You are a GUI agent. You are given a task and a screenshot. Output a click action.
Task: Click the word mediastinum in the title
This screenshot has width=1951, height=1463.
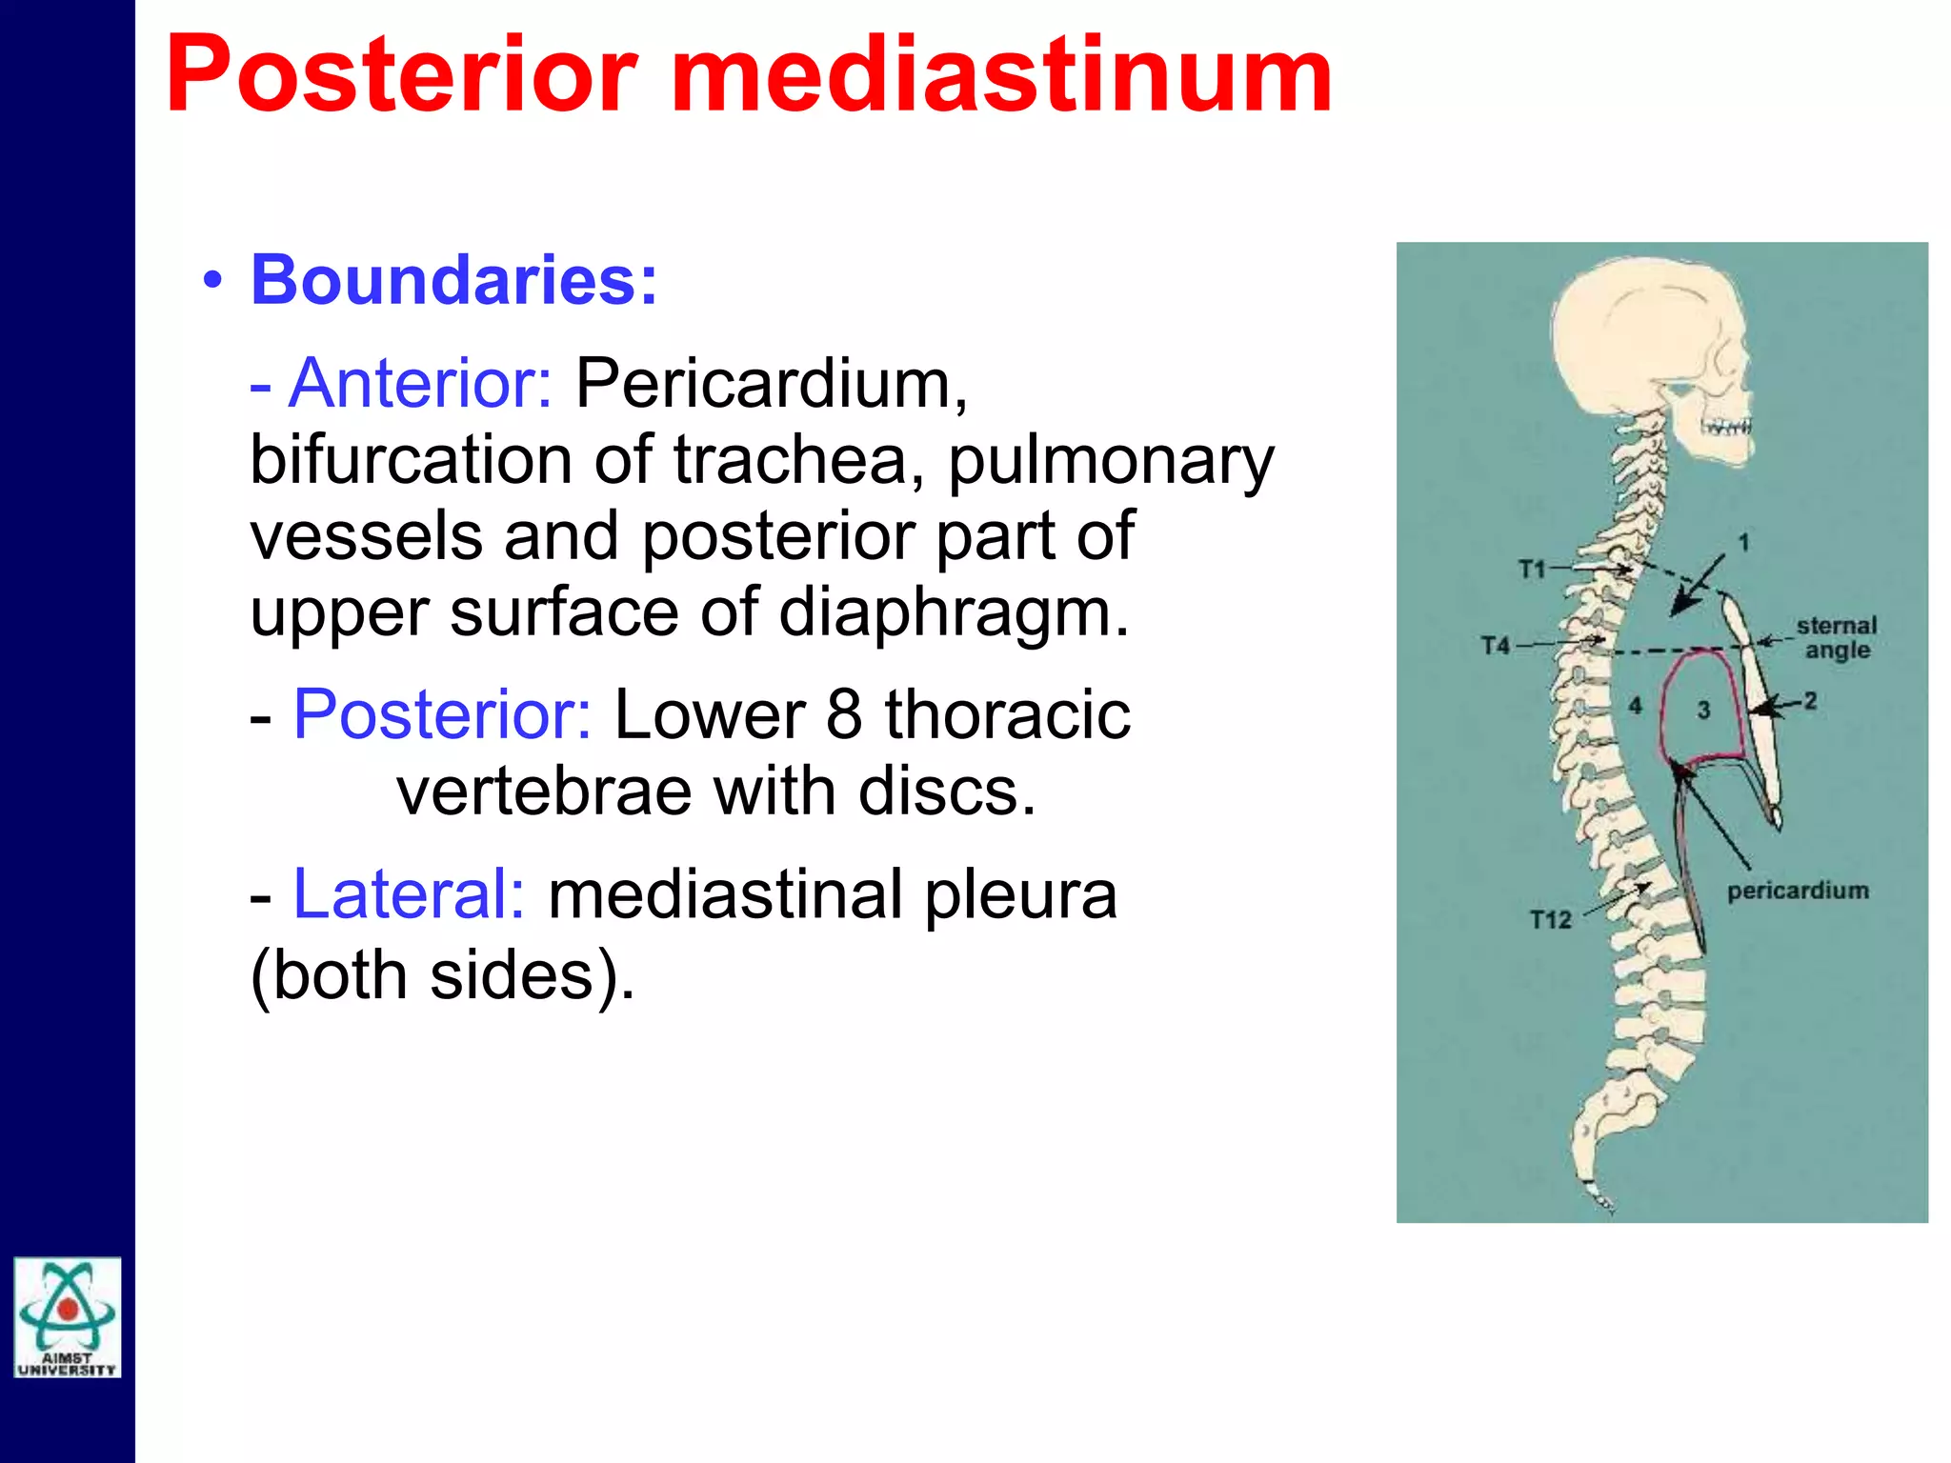[x=1000, y=76]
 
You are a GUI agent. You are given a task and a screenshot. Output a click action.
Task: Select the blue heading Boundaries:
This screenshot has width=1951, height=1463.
[x=453, y=281]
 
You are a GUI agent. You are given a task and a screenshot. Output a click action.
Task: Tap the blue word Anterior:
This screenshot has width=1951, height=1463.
[x=419, y=383]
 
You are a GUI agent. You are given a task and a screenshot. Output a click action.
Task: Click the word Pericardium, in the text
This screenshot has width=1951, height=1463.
[x=772, y=383]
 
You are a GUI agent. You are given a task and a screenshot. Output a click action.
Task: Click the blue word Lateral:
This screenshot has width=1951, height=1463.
[x=409, y=894]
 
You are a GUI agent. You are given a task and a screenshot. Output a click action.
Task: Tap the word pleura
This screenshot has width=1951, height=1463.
[x=1020, y=894]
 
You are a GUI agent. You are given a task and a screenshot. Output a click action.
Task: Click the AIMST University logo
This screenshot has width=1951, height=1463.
[x=68, y=1317]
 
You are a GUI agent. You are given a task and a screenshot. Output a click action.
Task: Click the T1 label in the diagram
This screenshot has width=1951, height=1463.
[x=1532, y=570]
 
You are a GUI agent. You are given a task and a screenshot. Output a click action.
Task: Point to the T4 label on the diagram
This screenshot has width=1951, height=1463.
[x=1496, y=646]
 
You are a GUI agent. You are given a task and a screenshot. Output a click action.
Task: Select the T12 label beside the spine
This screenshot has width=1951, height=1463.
[x=1550, y=920]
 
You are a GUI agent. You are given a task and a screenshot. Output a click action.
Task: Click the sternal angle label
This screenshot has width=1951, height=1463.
[x=1837, y=638]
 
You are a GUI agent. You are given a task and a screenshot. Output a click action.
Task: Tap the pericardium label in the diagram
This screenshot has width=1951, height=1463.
[x=1798, y=891]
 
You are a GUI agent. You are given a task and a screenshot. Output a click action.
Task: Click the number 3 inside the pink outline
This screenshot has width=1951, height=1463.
[x=1703, y=710]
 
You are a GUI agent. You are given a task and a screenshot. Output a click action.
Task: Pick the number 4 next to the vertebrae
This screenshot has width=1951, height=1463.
[x=1635, y=706]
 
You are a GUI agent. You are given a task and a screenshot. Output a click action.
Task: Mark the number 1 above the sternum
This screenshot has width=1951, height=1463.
[x=1743, y=543]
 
